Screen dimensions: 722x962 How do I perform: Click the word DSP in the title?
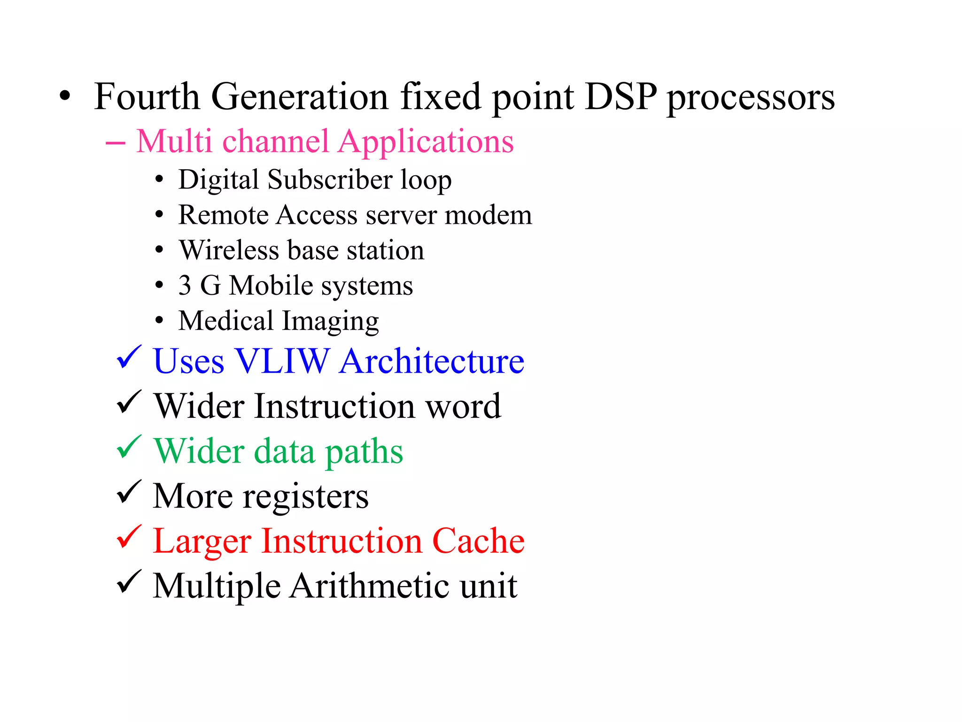point(621,96)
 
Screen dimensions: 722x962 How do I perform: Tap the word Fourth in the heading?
point(147,96)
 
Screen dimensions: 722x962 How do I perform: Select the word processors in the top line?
point(751,99)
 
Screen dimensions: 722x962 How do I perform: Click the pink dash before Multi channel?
point(116,142)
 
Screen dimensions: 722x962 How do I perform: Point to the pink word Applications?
point(426,142)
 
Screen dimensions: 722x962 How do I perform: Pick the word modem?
point(488,215)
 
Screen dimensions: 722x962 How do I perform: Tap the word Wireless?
point(229,250)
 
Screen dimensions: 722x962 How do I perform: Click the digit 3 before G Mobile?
point(185,285)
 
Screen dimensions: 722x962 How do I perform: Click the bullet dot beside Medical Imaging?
point(159,321)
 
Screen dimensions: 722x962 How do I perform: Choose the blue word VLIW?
point(282,361)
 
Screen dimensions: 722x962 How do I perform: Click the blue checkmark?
point(129,357)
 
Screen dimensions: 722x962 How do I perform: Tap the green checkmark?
point(129,447)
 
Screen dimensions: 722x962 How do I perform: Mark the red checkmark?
point(129,537)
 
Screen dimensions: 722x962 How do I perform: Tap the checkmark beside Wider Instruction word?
point(129,402)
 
